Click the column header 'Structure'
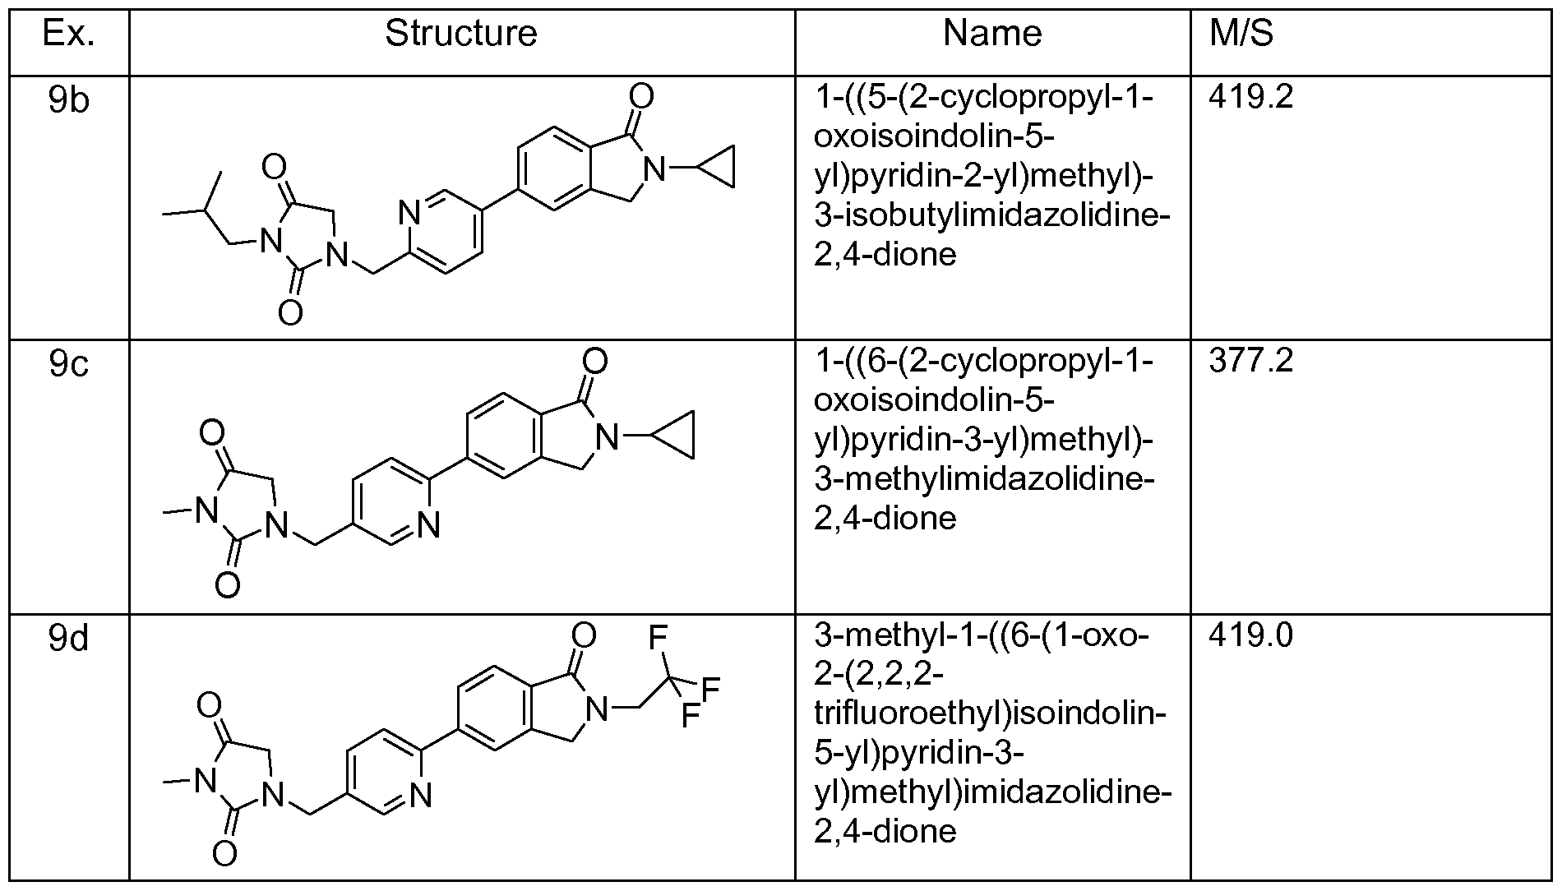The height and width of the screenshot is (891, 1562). tap(460, 34)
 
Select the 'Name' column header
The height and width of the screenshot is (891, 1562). tap(992, 34)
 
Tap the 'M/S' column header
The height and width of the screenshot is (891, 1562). tap(1241, 34)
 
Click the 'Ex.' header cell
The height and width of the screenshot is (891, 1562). tap(69, 34)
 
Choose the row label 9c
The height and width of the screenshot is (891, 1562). tap(69, 363)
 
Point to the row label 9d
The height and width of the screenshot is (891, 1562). tap(69, 637)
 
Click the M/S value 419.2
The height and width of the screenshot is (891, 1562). tap(1251, 98)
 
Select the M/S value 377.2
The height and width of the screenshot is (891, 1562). tap(1251, 362)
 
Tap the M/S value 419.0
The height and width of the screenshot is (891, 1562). tap(1251, 635)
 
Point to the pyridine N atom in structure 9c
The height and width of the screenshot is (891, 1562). tap(428, 524)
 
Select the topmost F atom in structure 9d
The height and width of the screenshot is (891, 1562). tap(657, 637)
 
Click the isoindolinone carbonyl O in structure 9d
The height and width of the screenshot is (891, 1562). tap(583, 635)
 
